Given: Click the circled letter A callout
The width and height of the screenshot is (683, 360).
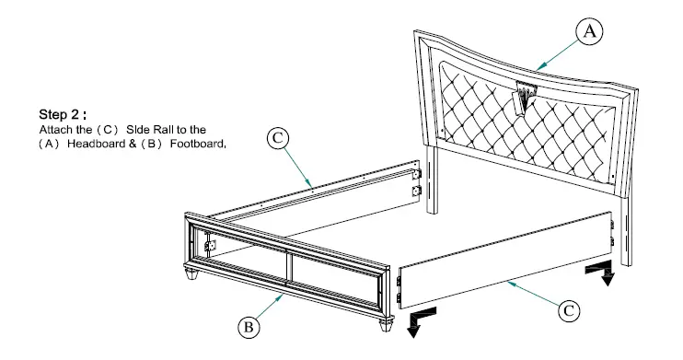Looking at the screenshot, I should pyautogui.click(x=590, y=32).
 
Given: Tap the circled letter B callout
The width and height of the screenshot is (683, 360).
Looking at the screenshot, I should pyautogui.click(x=248, y=325).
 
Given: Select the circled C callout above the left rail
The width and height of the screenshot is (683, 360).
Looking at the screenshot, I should pyautogui.click(x=277, y=140).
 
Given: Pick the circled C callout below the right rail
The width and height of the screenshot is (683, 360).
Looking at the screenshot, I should pyautogui.click(x=570, y=310).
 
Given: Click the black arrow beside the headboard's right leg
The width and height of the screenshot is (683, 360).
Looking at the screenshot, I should pyautogui.click(x=605, y=273).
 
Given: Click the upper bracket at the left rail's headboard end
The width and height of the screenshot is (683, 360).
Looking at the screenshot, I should pyautogui.click(x=417, y=172).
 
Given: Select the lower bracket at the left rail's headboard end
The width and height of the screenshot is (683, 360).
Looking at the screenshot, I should pyautogui.click(x=417, y=192).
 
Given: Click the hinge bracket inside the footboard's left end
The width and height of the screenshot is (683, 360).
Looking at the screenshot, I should pyautogui.click(x=211, y=246).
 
